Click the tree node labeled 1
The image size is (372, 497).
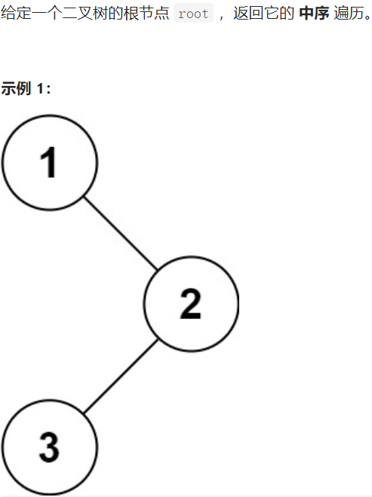pos(50,162)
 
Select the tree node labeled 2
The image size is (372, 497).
pos(191,304)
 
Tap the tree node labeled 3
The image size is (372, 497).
pos(50,447)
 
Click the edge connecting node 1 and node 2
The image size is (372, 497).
pos(121,234)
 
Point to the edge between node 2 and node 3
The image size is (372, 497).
pos(121,376)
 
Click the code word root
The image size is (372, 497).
pos(193,14)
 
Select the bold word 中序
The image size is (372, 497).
pos(314,14)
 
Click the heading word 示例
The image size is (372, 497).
pos(16,88)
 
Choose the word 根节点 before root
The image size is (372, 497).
pos(146,14)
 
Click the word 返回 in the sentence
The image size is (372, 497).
pos(248,14)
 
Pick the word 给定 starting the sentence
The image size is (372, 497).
pos(16,14)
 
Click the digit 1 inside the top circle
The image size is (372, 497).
pos(48,162)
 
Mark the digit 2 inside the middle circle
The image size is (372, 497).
pos(191,304)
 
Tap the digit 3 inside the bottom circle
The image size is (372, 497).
pos(49,447)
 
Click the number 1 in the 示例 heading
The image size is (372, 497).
pos(40,88)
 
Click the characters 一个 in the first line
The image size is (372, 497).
pos(46,14)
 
